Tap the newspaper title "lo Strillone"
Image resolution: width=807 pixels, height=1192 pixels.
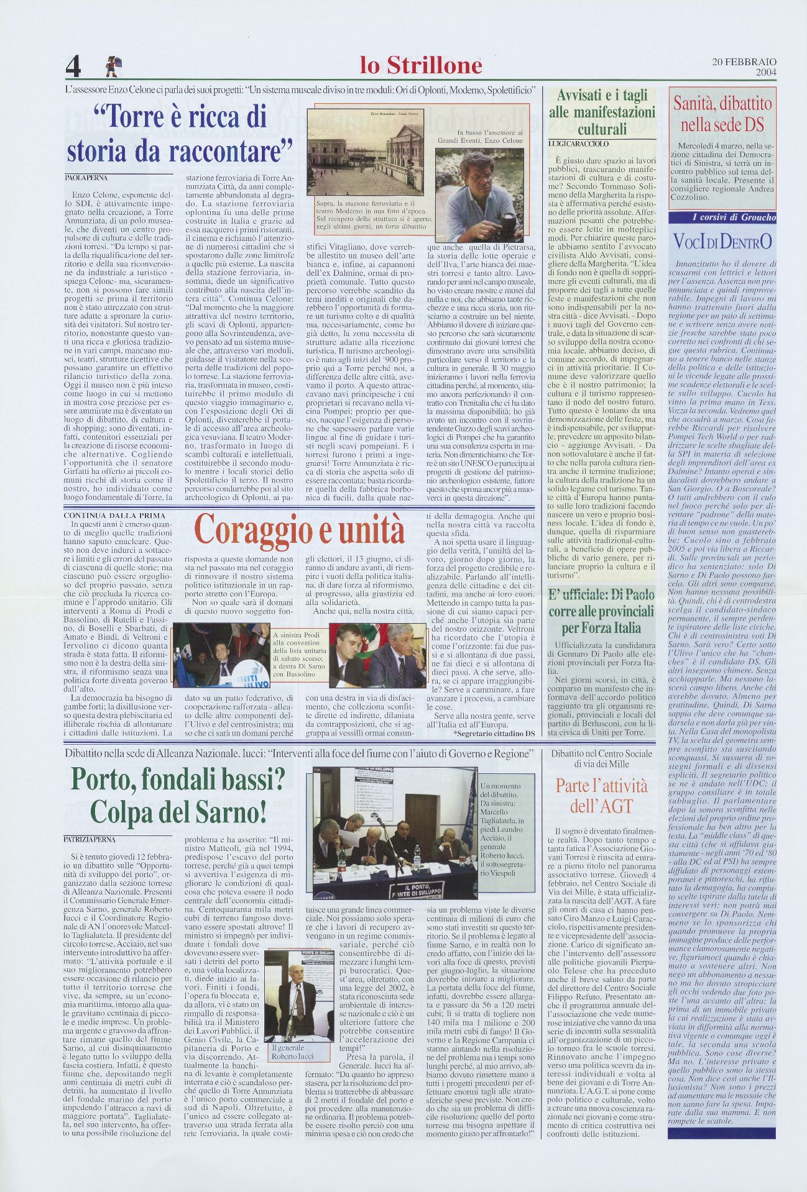coord(421,65)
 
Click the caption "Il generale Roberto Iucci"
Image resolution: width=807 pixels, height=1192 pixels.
coord(292,1051)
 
